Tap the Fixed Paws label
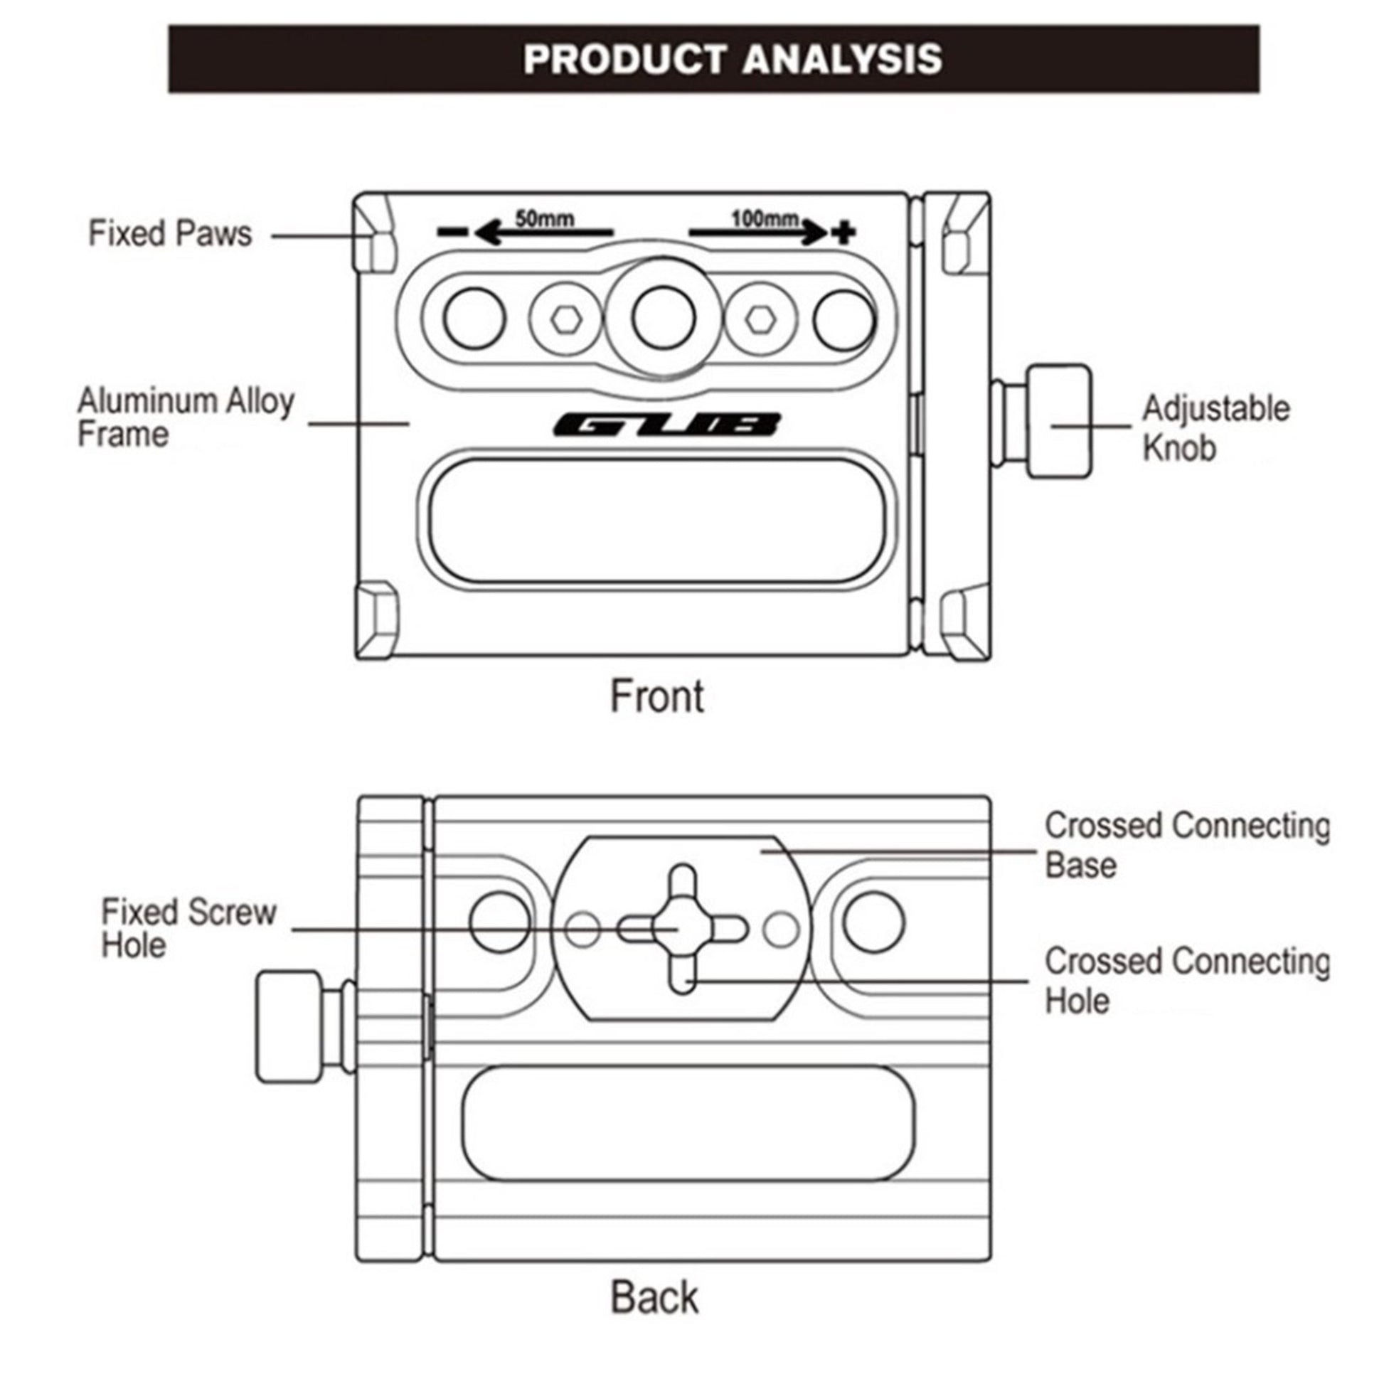170,233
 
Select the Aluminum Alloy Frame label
185,417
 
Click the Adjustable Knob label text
1215,427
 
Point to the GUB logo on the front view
666,424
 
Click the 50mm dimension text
545,218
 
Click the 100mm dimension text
765,218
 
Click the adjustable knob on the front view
1058,421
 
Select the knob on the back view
289,1026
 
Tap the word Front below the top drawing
657,696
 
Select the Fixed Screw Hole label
188,928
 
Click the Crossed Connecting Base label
1186,845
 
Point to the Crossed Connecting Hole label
1186,980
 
